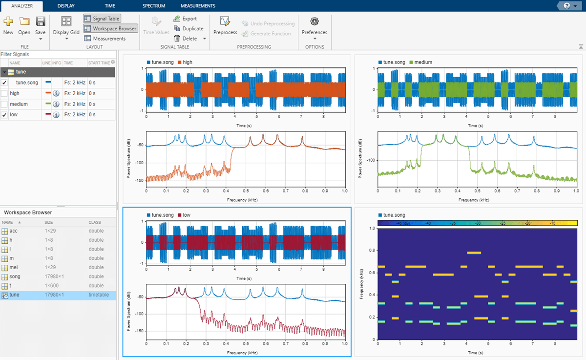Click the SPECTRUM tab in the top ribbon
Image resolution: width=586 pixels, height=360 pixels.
154,6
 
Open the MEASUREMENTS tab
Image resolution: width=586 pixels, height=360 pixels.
198,6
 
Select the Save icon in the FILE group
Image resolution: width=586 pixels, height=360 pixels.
41,21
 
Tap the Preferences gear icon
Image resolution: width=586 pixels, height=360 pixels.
314,21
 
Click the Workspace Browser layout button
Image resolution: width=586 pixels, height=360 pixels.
110,28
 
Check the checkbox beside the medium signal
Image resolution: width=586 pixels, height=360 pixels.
4,104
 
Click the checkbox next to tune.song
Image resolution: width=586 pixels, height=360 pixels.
4,83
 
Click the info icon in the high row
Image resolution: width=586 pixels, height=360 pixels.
57,93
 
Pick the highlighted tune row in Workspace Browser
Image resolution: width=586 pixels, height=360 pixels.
15,295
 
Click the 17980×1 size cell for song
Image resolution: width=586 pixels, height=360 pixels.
54,276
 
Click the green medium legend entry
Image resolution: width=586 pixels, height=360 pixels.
423,62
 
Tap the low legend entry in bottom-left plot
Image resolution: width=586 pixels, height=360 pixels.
188,215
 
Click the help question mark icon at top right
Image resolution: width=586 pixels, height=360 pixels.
566,6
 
